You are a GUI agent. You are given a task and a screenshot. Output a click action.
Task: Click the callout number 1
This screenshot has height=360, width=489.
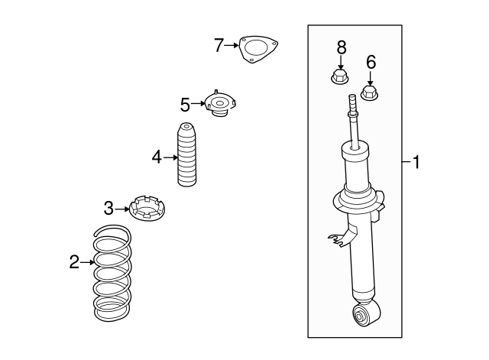pos(416,162)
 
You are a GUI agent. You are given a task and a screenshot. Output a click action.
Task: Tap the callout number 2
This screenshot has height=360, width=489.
pos(74,261)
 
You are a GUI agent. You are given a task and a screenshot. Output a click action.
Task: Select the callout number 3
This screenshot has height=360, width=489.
pos(108,208)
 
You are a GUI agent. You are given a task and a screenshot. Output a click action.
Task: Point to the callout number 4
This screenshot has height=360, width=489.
pos(157,157)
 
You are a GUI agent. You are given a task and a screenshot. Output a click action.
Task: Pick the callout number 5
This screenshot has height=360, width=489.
pos(185,105)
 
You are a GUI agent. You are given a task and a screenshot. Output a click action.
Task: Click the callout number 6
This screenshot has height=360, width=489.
pos(371,62)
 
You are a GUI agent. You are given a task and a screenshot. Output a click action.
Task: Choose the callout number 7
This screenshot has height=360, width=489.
pos(219,45)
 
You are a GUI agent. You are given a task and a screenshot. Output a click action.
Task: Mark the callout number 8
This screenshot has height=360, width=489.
pos(342,47)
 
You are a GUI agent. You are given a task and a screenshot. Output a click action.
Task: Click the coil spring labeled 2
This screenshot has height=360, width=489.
pos(112,274)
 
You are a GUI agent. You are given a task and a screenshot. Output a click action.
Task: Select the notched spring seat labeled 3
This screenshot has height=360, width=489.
pos(147,208)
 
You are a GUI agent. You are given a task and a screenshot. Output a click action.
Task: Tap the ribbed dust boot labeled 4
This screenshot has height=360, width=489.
pos(186,154)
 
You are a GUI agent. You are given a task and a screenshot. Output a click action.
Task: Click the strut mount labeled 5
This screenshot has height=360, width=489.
pos(220,104)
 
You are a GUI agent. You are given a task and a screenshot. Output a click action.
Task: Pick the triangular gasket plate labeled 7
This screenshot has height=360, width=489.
pos(257,49)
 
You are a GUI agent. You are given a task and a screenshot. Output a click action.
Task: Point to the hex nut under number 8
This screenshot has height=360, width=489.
pos(340,77)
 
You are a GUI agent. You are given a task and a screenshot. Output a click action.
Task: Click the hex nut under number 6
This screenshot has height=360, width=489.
pos(370,93)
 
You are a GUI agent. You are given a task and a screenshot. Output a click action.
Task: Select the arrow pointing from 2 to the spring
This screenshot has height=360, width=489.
pos(87,262)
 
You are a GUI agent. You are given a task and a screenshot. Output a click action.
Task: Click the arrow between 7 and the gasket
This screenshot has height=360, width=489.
pos(232,45)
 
